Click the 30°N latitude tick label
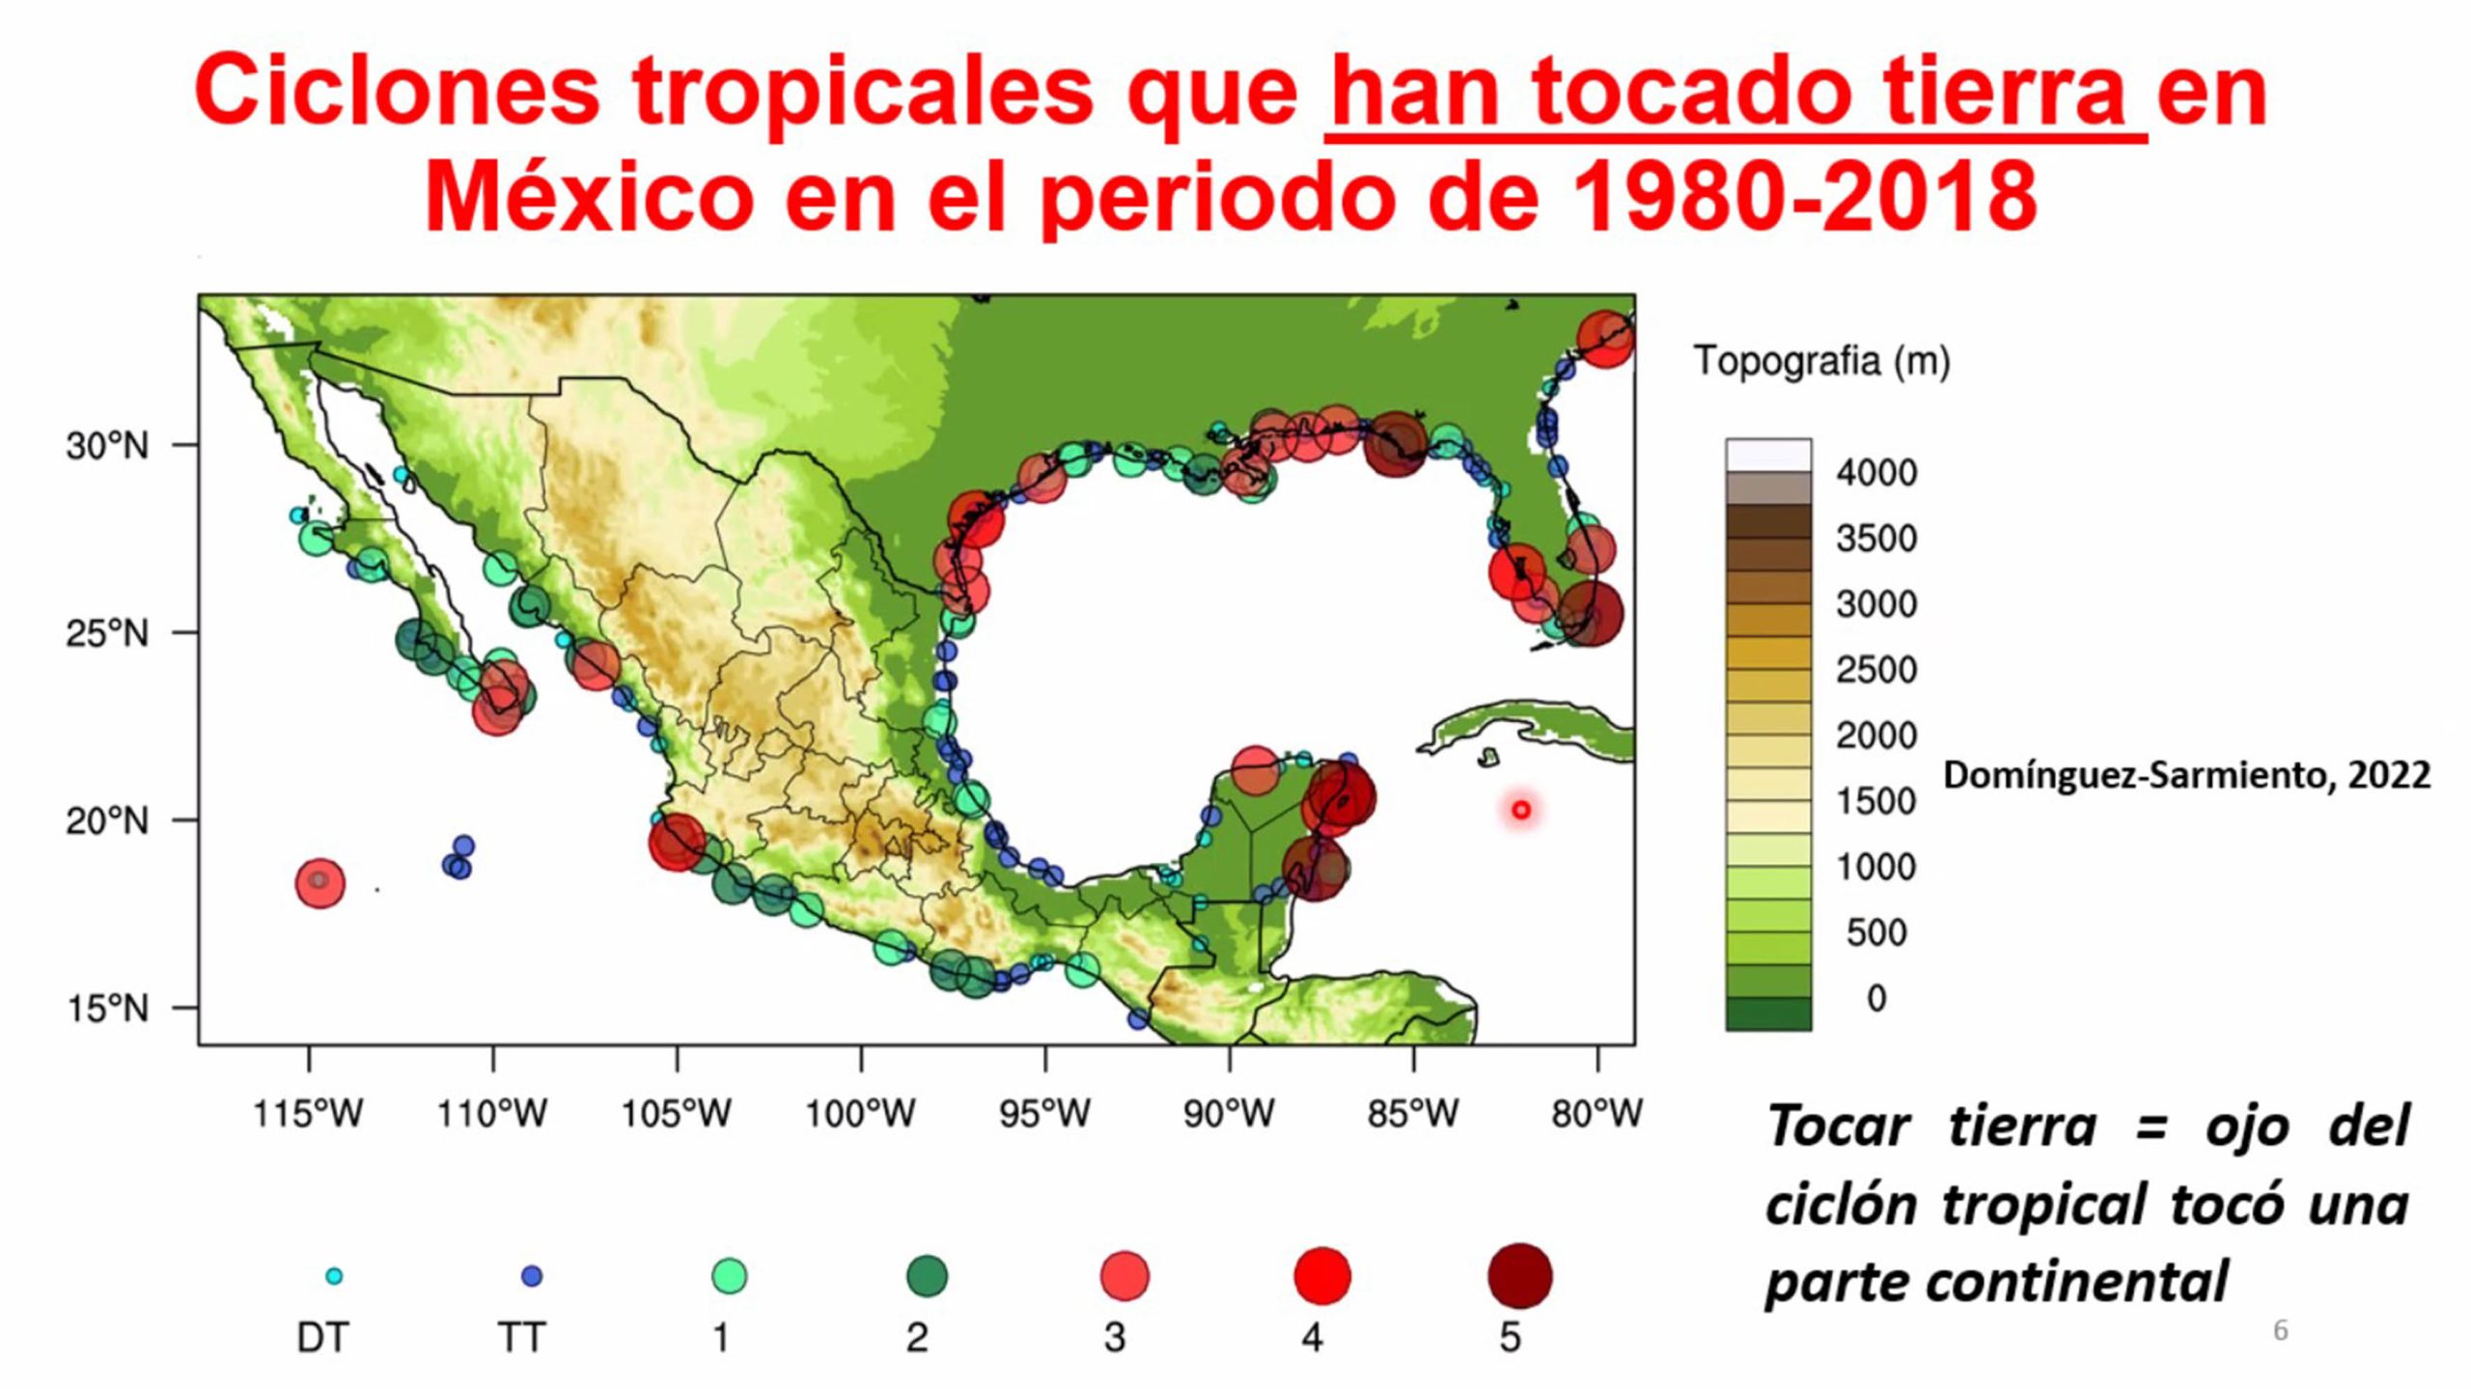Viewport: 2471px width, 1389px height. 107,446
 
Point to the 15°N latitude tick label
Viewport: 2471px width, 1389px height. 107,1009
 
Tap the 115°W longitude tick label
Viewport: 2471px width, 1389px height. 308,1114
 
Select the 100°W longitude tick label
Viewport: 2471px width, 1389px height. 860,1114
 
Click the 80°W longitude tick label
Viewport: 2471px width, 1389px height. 1596,1114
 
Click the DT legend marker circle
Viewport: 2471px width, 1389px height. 334,1276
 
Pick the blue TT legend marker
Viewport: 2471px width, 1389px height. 532,1276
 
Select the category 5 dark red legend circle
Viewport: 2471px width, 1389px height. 1520,1276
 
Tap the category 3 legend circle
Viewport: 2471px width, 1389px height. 1125,1276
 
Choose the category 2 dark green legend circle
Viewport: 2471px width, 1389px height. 928,1276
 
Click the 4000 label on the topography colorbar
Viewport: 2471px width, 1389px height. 1876,473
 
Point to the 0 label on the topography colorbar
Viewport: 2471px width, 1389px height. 1876,998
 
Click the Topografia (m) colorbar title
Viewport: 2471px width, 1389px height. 1822,361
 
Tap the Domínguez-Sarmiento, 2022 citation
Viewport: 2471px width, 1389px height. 2186,775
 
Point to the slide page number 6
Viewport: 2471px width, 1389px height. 2281,1330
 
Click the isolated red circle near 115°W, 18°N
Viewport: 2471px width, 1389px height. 319,883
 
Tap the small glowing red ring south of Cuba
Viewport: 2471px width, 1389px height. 1521,810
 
